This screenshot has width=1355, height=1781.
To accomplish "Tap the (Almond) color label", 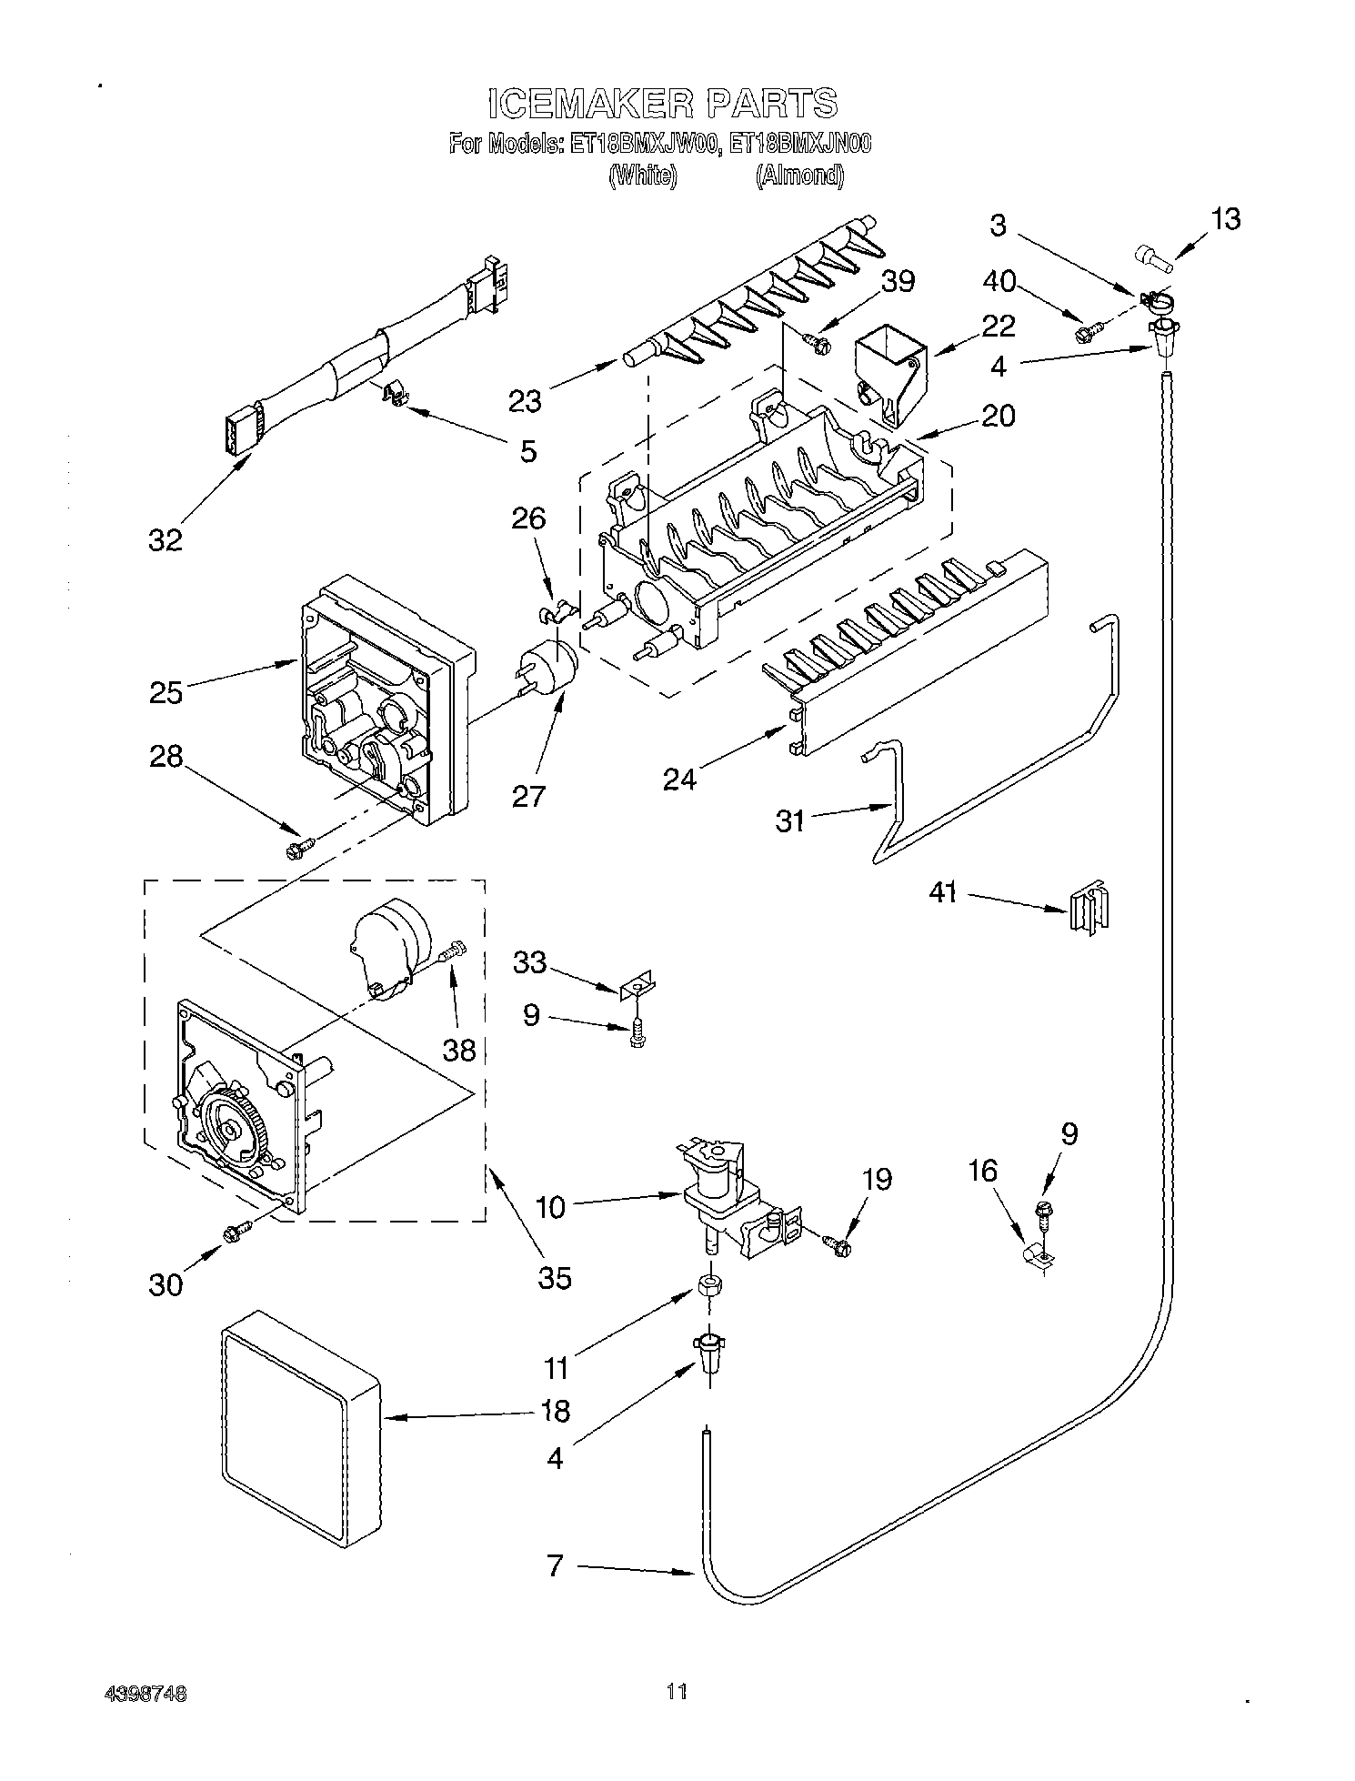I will coord(798,175).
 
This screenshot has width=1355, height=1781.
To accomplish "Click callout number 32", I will coord(166,539).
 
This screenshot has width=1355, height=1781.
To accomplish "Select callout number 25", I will coord(166,692).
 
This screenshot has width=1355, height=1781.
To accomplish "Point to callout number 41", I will coord(943,892).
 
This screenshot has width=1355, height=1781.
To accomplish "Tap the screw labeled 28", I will coord(298,848).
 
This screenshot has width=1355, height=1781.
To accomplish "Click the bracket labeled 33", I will coord(639,986).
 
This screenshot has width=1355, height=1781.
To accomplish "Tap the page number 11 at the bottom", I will coord(676,1692).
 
